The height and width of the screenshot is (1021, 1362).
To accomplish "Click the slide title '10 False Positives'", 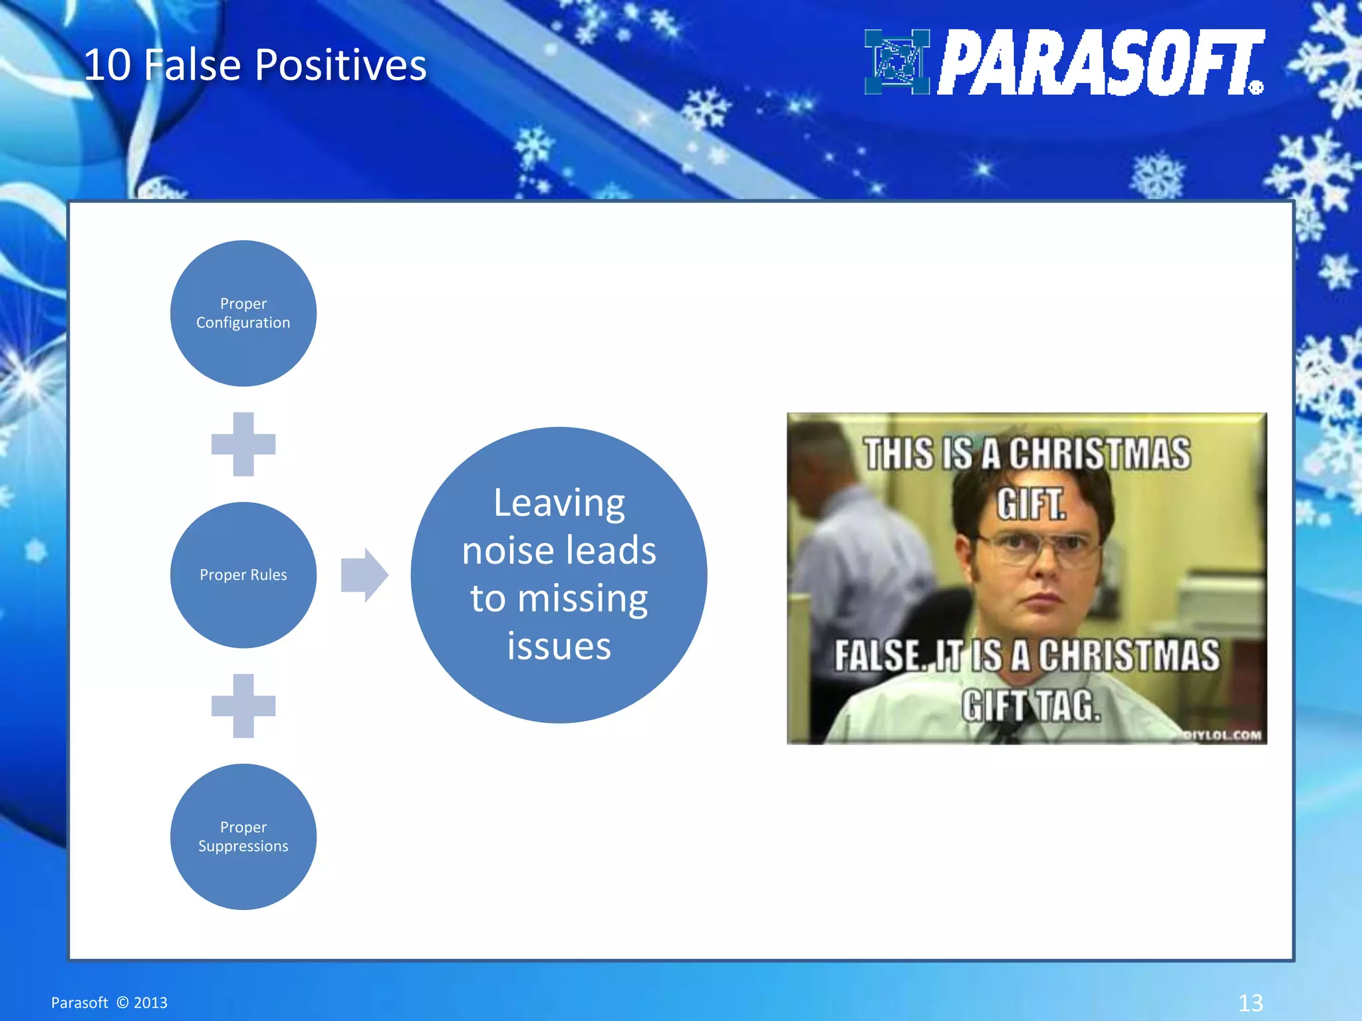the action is pos(255,65).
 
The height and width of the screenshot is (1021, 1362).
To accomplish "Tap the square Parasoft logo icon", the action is pos(896,62).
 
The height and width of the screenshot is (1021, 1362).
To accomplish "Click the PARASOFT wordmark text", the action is pos(1101,62).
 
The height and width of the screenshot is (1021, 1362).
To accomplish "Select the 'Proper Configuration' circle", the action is pos(243,313).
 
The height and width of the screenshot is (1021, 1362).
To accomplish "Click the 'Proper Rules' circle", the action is pos(243,575).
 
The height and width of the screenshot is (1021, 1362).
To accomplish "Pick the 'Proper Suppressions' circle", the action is pos(243,837).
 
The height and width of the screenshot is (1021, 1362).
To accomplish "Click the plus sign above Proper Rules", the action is pos(243,444).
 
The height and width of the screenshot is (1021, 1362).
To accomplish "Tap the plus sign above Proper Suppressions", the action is pos(243,706).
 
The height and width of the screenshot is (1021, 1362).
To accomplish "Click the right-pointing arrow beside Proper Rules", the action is pos(364,575).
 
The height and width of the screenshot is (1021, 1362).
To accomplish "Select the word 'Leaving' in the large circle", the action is pos(559,503).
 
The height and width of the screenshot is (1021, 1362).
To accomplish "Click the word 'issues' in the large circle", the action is pos(559,646).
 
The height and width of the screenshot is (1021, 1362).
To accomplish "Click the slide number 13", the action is pos(1250,1002).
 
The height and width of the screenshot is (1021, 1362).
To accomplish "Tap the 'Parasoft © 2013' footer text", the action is pos(109,1002).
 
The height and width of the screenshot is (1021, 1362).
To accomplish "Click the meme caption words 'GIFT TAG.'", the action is pos(1031,706).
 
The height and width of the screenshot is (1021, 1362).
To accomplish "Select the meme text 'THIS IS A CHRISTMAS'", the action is pos(1027,453).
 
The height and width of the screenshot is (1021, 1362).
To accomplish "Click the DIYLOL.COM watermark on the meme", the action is pos(1222,735).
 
